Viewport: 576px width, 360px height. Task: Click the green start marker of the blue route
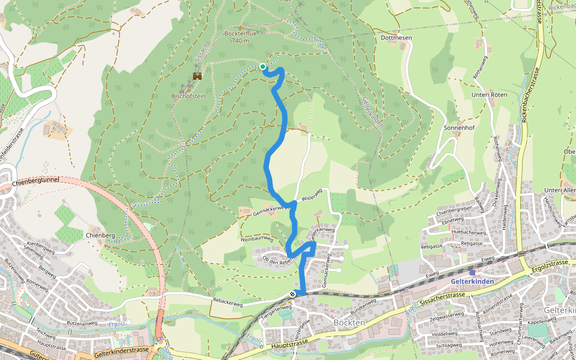tap(263, 67)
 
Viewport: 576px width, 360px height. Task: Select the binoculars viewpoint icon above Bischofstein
tap(197, 76)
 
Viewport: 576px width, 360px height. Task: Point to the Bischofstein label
tap(189, 95)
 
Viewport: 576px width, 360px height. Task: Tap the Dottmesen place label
tap(396, 37)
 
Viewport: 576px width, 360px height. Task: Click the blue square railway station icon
tap(472, 272)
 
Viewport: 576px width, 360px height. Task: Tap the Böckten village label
tap(349, 323)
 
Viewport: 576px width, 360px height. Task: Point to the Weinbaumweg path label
tap(257, 239)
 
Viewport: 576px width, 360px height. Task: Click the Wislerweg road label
tap(313, 195)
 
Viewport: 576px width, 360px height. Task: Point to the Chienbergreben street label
tap(460, 211)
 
